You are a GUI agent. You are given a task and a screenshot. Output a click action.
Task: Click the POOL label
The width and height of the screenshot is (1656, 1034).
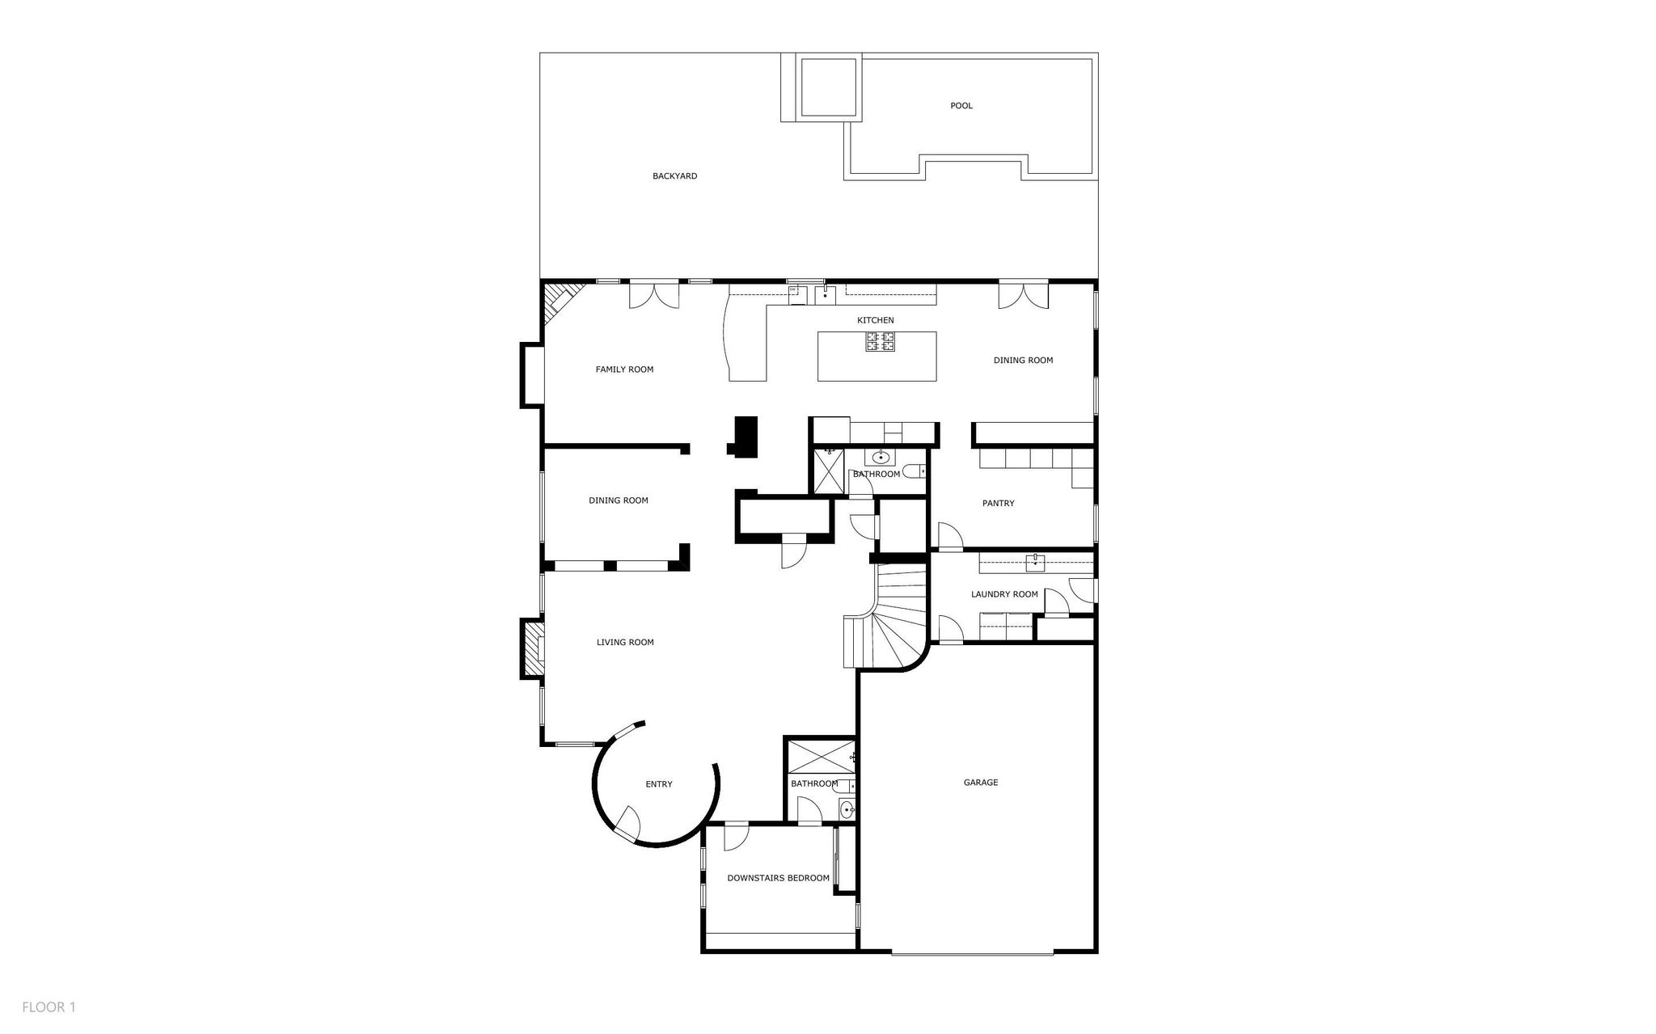(961, 106)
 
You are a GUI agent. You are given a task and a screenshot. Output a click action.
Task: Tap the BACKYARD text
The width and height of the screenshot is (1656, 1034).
(675, 176)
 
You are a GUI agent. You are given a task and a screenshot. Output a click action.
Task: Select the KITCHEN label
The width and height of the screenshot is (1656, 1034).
(876, 321)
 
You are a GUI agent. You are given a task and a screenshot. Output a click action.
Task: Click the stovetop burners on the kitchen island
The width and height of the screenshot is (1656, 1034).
(881, 341)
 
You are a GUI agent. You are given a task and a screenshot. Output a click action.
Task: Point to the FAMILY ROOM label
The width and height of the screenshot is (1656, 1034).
(624, 369)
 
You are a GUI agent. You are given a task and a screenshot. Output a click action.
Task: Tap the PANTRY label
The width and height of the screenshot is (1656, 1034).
(999, 504)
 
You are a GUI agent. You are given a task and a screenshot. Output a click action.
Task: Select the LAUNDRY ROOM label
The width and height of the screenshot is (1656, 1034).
(1004, 594)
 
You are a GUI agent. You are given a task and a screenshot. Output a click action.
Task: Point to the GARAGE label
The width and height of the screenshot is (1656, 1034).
(981, 783)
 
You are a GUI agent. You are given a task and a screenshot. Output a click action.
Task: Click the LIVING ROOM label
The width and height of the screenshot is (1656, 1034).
(625, 643)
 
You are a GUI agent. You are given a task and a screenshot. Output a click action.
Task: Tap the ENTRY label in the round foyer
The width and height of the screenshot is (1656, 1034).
(659, 784)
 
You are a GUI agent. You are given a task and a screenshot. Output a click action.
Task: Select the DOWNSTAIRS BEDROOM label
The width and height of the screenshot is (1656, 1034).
(778, 878)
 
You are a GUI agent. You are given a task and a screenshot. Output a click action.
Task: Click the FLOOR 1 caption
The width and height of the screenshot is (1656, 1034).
(49, 1007)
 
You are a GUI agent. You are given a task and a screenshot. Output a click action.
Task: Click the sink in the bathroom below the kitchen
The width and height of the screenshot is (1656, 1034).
(881, 458)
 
